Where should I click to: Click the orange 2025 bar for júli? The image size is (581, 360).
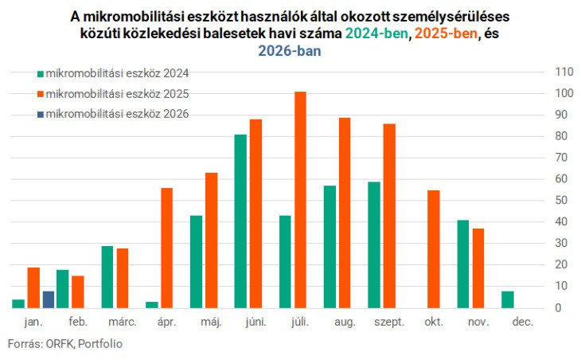pyautogui.click(x=300, y=199)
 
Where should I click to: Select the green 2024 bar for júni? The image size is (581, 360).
pyautogui.click(x=240, y=221)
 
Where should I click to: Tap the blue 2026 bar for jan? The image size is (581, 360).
pyautogui.click(x=49, y=299)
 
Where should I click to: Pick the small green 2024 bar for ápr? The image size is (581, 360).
pyautogui.click(x=151, y=304)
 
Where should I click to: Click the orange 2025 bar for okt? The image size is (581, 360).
pyautogui.click(x=434, y=248)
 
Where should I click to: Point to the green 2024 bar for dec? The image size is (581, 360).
pyautogui.click(x=508, y=299)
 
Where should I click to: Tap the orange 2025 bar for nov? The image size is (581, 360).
pyautogui.click(x=478, y=268)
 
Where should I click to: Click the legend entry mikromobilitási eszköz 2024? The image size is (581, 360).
pyautogui.click(x=111, y=73)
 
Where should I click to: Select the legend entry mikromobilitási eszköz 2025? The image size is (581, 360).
pyautogui.click(x=111, y=94)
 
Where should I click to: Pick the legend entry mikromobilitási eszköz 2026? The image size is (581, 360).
pyautogui.click(x=111, y=114)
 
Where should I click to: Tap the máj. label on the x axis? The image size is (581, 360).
pyautogui.click(x=212, y=322)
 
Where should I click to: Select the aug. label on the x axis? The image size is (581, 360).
pyautogui.click(x=345, y=322)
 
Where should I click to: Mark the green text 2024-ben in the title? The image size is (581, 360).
pyautogui.click(x=377, y=33)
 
